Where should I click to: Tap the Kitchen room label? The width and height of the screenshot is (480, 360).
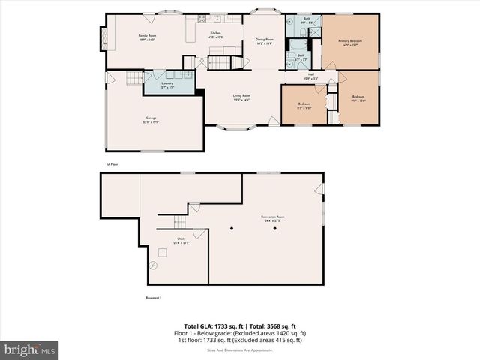point(216,35)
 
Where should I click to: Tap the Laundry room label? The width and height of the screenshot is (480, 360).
point(167,86)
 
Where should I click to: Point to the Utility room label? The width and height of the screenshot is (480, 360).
point(181,241)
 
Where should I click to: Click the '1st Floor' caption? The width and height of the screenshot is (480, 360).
point(112,163)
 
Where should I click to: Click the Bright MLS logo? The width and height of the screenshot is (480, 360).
point(30,349)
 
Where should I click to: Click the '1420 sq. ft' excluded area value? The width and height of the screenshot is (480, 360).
point(288,333)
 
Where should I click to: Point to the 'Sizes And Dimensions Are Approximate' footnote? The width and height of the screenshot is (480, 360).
point(240,349)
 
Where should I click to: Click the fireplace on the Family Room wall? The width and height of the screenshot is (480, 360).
point(103,37)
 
